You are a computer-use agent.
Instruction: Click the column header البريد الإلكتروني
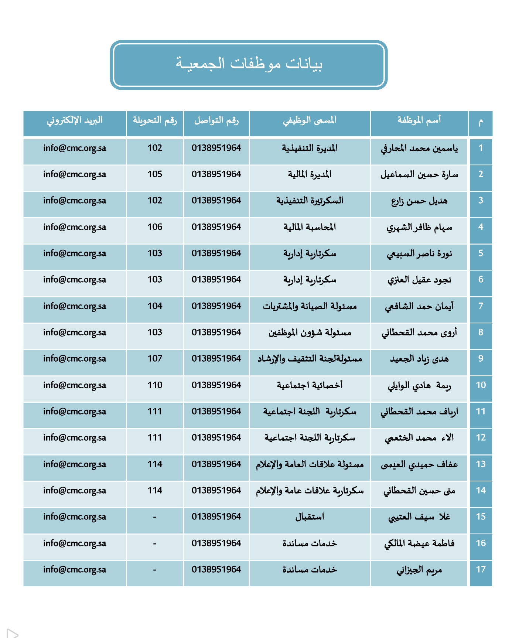(75, 120)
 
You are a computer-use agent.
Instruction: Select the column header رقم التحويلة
(155, 120)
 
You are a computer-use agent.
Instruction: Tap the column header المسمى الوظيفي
(310, 120)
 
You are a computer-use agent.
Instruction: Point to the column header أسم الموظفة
(419, 120)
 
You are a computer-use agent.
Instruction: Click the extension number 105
(155, 174)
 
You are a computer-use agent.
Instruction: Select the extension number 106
(155, 227)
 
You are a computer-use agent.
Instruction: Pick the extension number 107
(155, 358)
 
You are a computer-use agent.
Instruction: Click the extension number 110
(155, 385)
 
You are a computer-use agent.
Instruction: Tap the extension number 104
(155, 306)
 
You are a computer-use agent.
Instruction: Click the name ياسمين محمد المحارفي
(419, 149)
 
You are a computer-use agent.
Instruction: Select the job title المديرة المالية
(310, 174)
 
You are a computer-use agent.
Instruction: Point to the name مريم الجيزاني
(419, 570)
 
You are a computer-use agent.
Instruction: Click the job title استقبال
(310, 517)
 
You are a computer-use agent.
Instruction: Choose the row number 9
(481, 358)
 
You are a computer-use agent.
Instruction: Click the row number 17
(481, 569)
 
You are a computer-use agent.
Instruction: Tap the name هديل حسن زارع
(419, 201)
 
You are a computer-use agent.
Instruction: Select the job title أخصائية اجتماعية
(310, 385)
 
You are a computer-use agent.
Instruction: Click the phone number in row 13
(216, 464)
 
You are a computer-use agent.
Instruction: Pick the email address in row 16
(75, 543)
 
